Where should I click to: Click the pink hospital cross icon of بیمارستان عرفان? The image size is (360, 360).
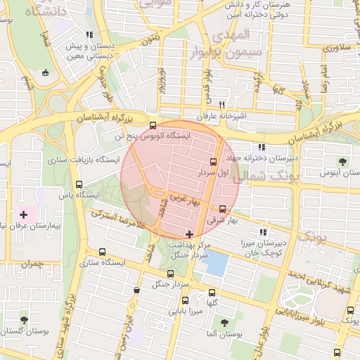[x=24, y=214]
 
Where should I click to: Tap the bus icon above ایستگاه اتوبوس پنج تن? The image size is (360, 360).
[x=153, y=125]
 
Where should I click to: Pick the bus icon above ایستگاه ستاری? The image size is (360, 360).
[x=103, y=252]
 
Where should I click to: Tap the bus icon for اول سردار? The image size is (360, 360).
[x=214, y=162]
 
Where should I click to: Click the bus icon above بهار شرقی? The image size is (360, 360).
[x=223, y=209]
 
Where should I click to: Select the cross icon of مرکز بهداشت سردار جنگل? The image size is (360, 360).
[x=188, y=233]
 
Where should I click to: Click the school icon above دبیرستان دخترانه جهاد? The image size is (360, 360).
[x=262, y=148]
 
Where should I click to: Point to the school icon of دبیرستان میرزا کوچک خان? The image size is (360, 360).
[x=263, y=232]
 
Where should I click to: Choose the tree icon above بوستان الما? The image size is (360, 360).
[x=224, y=323]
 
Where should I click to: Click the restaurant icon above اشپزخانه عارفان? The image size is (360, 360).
[x=221, y=104]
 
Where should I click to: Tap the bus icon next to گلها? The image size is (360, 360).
[x=212, y=293]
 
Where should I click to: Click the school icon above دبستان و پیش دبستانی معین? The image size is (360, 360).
[x=88, y=34]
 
